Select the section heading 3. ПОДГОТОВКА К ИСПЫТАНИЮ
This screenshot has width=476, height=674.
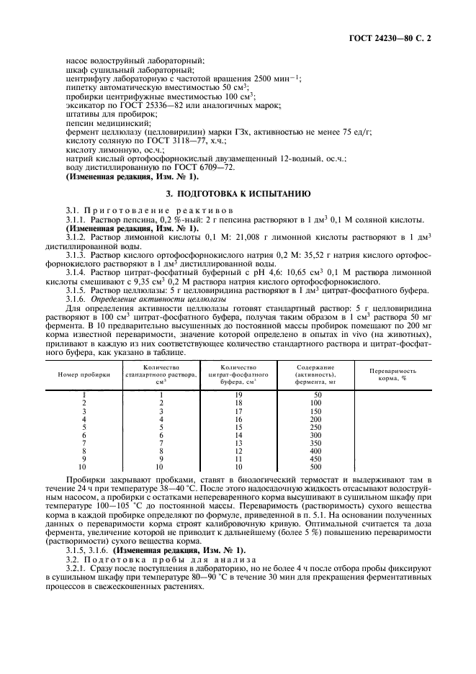[238, 194]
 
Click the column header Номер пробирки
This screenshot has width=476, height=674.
[84, 375]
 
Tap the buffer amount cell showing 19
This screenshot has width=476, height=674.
[238, 395]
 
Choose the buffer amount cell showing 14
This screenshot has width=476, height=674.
[238, 435]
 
